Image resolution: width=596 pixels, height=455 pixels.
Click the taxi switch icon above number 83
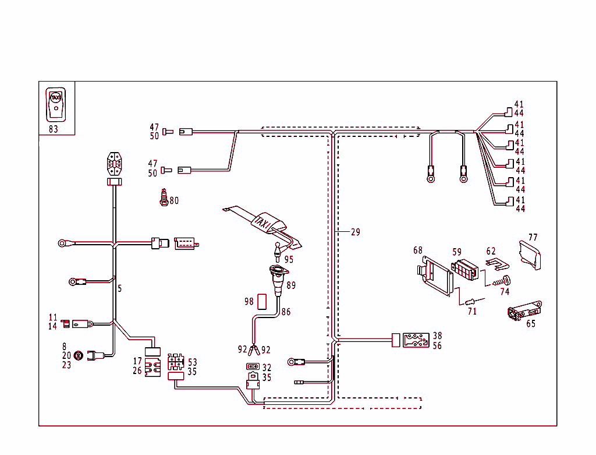pyautogui.click(x=56, y=104)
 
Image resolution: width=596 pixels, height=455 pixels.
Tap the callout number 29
pyautogui.click(x=355, y=232)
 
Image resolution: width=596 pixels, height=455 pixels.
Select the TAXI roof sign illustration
pyautogui.click(x=267, y=223)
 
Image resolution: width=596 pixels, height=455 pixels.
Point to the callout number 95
pyautogui.click(x=289, y=260)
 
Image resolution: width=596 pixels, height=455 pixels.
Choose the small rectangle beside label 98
pyautogui.click(x=261, y=301)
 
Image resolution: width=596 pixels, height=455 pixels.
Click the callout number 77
pyautogui.click(x=533, y=238)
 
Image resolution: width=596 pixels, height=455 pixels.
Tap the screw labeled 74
pyautogui.click(x=501, y=281)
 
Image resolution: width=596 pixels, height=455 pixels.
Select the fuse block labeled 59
pyautogui.click(x=466, y=269)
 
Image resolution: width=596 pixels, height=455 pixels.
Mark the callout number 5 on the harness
pyautogui.click(x=120, y=288)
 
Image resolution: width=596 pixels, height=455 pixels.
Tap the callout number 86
pyautogui.click(x=286, y=312)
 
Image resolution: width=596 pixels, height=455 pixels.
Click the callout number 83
pyautogui.click(x=54, y=129)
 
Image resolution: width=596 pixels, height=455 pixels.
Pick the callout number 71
pyautogui.click(x=472, y=312)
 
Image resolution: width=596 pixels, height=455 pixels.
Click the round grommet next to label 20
pyautogui.click(x=78, y=355)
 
